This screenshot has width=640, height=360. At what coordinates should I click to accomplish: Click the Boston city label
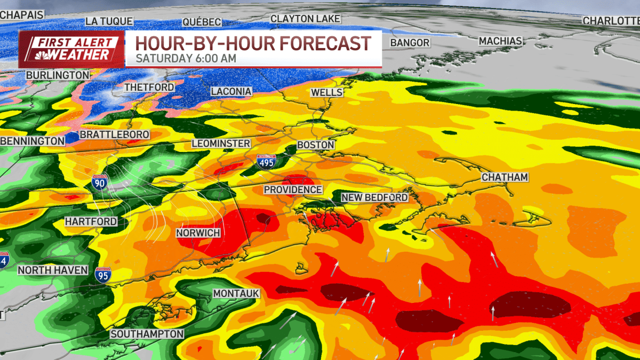pyautogui.click(x=315, y=145)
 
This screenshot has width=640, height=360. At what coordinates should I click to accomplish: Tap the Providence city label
pyautogui.click(x=293, y=190)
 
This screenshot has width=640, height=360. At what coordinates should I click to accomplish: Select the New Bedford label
pyautogui.click(x=374, y=198)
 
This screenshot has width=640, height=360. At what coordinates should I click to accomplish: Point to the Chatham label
pyautogui.click(x=505, y=177)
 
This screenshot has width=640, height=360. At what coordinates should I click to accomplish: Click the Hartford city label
pyautogui.click(x=91, y=221)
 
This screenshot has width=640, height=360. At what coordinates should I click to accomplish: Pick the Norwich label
pyautogui.click(x=198, y=233)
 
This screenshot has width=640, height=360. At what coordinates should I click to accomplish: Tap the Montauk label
pyautogui.click(x=236, y=294)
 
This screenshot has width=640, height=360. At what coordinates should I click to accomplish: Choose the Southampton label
pyautogui.click(x=147, y=334)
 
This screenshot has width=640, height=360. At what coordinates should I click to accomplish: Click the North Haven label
pyautogui.click(x=52, y=270)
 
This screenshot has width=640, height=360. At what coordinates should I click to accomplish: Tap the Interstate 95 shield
pyautogui.click(x=103, y=275)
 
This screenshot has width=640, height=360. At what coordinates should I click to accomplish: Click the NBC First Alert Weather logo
pyautogui.click(x=71, y=49)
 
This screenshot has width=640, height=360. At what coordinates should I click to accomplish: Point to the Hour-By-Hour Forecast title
pyautogui.click(x=252, y=43)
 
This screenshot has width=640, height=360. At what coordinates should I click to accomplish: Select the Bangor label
pyautogui.click(x=410, y=43)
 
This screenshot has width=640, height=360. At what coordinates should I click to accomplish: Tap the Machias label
pyautogui.click(x=500, y=41)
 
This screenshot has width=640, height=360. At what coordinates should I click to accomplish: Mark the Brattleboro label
pyautogui.click(x=114, y=135)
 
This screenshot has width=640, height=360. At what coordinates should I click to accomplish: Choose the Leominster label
pyautogui.click(x=221, y=144)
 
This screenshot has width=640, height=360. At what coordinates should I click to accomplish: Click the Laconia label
pyautogui.click(x=231, y=92)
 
